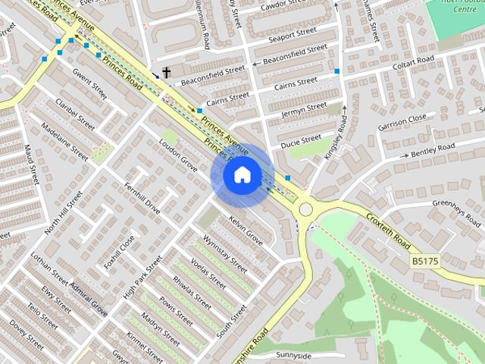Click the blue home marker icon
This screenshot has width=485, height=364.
click(242, 175)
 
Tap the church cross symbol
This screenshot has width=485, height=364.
click(167, 74)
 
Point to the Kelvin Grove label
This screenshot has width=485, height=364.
click(246, 231)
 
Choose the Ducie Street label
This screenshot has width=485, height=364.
click(301, 141)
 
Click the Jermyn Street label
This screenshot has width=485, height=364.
click(303, 110)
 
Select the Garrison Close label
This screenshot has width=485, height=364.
click(402, 121)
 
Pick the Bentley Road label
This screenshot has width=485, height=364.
click(433, 149)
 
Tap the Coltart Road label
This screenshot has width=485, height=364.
click(413, 64)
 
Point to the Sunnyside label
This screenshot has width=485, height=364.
click(294, 356)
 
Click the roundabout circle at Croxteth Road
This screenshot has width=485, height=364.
click(306, 209)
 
